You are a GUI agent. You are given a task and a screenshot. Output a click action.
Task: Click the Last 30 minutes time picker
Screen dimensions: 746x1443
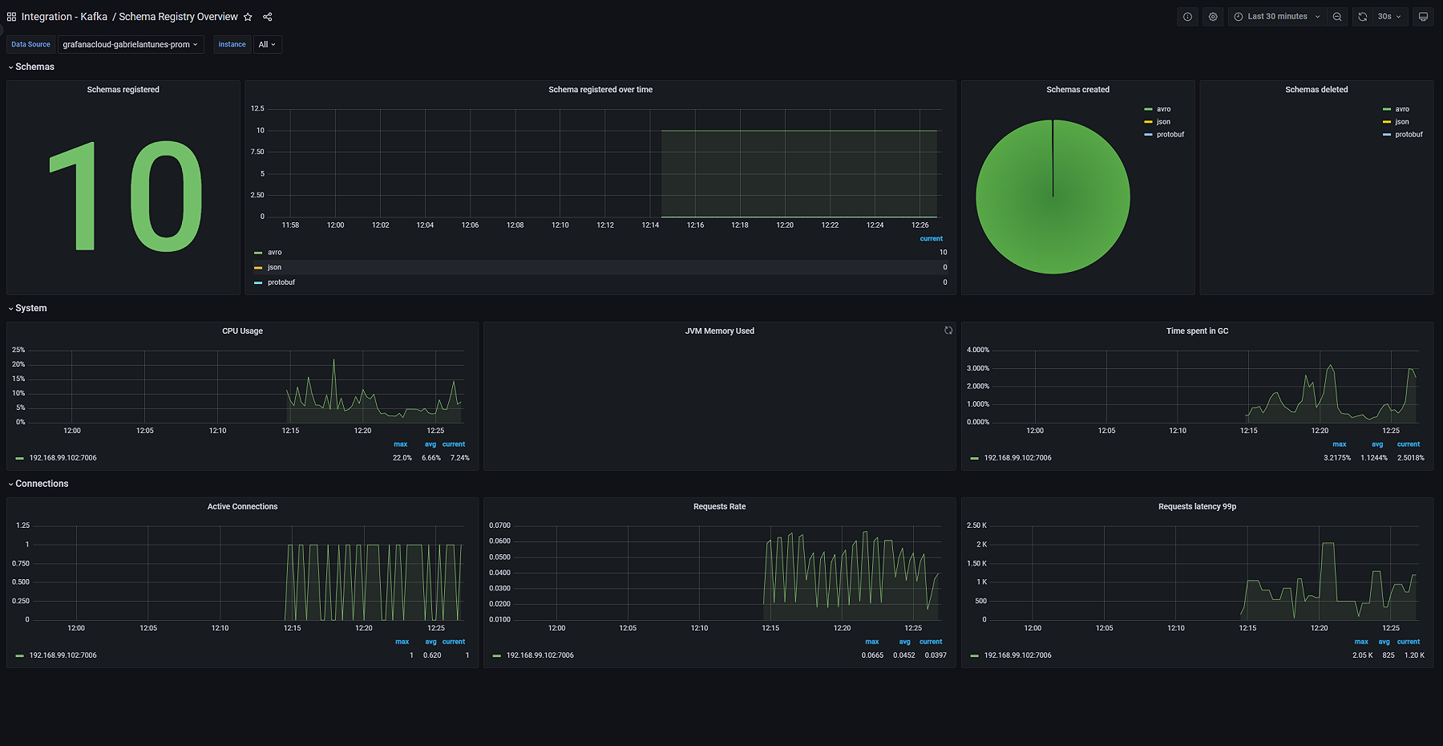1276,17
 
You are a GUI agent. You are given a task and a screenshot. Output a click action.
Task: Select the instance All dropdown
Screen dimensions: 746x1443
267,45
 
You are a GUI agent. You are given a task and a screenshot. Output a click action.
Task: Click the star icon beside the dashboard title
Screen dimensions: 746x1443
248,17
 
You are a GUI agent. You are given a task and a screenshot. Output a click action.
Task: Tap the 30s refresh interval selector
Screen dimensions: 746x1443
1388,17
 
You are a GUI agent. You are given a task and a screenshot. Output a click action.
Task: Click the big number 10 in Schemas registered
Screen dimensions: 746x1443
124,197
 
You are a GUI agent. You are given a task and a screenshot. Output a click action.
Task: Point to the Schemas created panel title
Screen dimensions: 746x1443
1077,90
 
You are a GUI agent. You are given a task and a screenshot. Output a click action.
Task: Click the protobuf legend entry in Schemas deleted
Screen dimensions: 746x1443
1408,135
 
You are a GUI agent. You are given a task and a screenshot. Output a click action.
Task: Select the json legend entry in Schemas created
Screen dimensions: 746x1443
1162,122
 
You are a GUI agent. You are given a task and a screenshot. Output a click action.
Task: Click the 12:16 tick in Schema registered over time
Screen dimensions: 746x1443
695,225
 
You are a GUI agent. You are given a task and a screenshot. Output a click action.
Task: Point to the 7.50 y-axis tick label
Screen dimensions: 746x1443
257,152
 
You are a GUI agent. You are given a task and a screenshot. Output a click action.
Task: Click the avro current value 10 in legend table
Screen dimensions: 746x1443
943,253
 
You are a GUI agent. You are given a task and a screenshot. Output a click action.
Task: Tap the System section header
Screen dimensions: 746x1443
30,308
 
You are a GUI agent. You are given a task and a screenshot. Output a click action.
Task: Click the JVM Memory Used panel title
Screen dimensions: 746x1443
719,331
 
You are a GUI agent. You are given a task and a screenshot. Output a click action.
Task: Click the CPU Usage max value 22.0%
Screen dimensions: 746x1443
402,458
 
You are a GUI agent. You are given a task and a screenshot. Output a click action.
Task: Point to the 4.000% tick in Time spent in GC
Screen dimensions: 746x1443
977,351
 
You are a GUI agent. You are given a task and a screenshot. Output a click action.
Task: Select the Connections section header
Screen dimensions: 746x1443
42,484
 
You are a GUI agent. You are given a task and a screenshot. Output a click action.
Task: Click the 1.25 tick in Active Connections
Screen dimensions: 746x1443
22,525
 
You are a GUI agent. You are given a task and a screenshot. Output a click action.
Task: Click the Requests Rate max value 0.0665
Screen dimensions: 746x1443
872,655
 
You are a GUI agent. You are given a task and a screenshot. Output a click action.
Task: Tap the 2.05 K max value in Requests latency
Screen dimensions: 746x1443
1362,655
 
